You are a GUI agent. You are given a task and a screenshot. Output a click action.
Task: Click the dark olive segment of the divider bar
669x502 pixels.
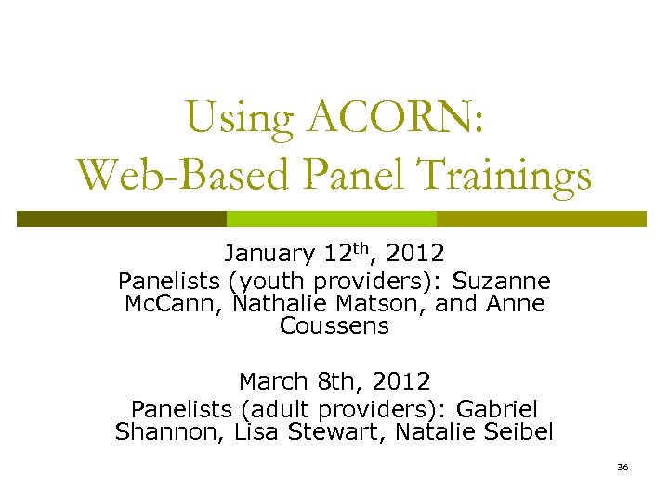pos(122,218)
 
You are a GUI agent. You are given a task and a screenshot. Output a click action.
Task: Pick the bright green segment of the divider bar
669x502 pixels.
pos(332,218)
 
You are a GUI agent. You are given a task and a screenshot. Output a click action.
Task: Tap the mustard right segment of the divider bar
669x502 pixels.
pos(541,218)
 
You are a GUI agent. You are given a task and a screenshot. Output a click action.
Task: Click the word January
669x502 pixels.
pos(269,254)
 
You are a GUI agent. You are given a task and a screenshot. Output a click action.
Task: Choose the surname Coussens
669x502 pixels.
pos(334,326)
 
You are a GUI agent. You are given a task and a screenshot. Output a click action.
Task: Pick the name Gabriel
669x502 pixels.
pos(497,409)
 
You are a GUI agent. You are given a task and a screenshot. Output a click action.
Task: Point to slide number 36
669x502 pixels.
pos(622,466)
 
